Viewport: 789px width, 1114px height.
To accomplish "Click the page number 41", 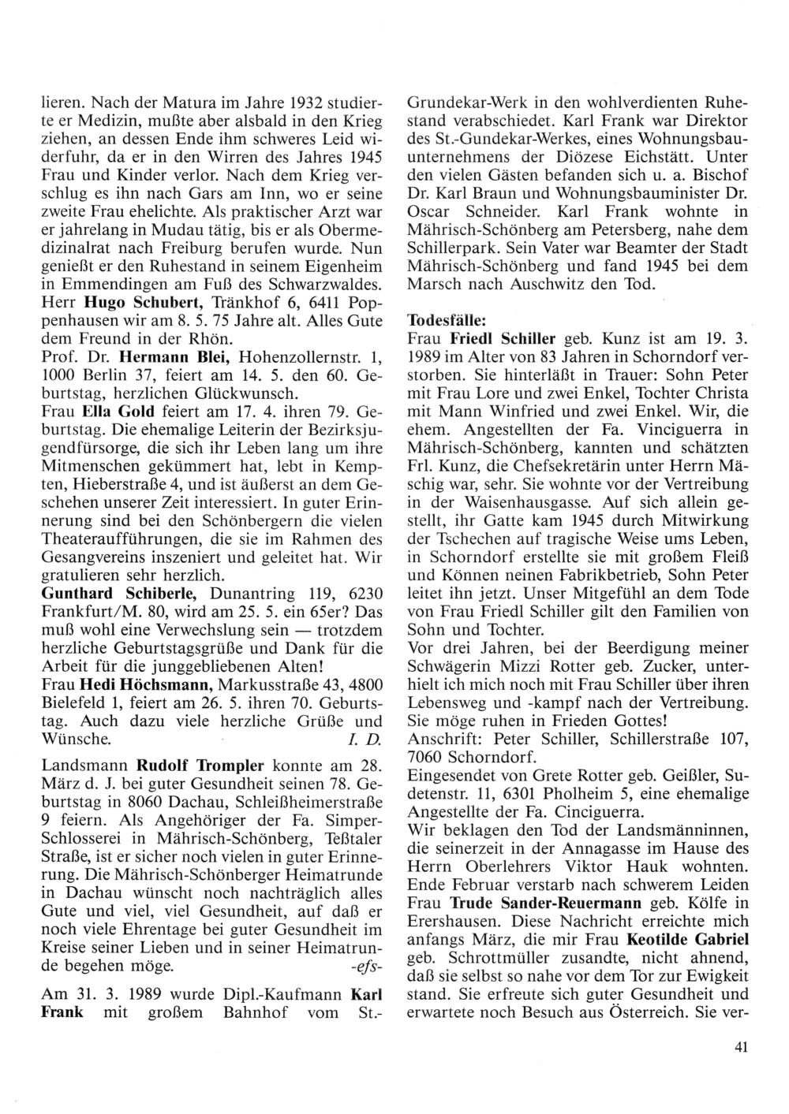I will [739, 1047].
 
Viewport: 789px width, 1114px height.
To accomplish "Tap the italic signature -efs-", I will [366, 965].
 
